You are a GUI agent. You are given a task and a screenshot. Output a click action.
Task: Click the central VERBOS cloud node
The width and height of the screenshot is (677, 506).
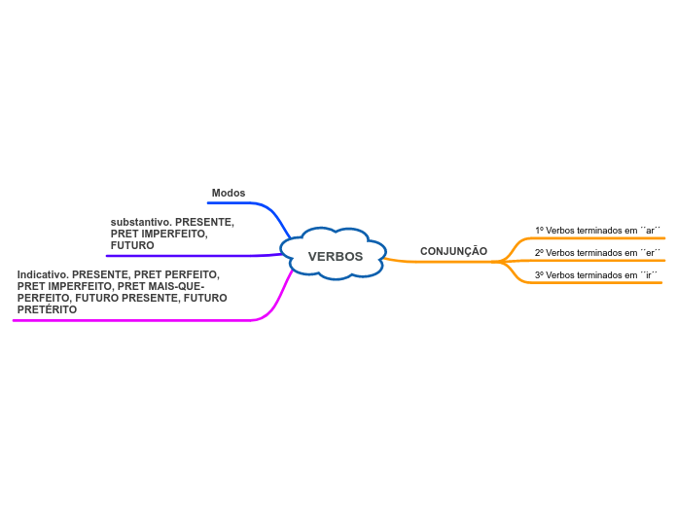335,256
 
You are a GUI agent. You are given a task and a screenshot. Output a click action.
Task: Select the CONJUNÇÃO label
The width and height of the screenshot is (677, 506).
453,251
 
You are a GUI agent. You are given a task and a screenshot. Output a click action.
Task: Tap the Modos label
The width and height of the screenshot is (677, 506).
229,193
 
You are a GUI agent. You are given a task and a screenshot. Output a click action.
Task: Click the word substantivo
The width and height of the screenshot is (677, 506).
140,222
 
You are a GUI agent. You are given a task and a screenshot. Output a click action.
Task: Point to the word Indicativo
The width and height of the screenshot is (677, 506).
43,274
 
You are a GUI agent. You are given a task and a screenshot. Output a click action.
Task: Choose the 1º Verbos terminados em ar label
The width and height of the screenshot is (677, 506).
597,231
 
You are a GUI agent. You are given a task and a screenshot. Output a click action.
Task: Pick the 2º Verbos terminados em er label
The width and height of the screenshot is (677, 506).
597,253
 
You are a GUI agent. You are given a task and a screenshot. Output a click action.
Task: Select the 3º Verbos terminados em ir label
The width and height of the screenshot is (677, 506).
597,275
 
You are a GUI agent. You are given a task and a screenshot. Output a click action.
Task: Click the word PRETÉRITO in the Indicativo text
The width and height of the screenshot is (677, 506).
47,309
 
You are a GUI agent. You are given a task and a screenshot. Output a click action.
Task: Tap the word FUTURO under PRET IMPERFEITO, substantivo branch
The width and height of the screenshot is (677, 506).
132,245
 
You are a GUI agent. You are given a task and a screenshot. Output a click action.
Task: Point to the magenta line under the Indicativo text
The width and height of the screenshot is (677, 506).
136,319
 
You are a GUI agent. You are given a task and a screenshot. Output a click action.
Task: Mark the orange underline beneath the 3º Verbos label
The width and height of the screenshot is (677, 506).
603,283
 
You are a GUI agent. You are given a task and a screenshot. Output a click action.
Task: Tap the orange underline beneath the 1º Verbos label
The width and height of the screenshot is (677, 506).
603,237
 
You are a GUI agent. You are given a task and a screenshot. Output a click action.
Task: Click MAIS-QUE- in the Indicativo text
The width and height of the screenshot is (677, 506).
176,286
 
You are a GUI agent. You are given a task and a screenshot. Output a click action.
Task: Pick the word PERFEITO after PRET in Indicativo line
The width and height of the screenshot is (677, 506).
192,274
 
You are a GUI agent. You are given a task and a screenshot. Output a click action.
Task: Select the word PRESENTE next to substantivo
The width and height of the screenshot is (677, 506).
204,222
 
